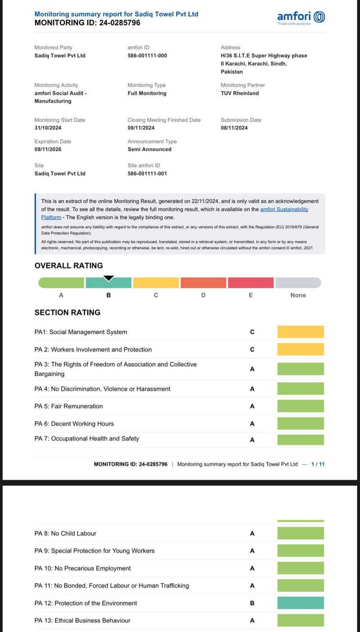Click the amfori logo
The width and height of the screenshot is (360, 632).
(x=301, y=18)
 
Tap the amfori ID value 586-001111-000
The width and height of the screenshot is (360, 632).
(x=147, y=56)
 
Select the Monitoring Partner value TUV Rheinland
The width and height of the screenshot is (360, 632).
(x=239, y=94)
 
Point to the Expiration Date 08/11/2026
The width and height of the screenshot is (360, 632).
(x=48, y=149)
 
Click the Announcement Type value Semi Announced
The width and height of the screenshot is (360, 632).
(x=149, y=149)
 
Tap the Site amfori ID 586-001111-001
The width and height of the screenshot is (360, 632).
(x=147, y=174)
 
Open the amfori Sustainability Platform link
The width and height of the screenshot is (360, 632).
(x=284, y=210)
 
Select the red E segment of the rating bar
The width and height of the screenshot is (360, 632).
(x=251, y=283)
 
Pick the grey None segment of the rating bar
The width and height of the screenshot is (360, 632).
(x=298, y=283)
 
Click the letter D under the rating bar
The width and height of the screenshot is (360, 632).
(x=203, y=296)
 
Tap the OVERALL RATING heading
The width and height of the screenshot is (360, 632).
(x=68, y=266)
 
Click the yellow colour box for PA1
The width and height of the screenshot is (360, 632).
(x=300, y=332)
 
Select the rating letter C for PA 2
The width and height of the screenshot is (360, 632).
(x=252, y=350)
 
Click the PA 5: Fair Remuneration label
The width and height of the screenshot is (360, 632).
(x=68, y=406)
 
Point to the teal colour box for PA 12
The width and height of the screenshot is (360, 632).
(x=300, y=603)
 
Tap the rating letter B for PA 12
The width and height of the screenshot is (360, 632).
(x=252, y=603)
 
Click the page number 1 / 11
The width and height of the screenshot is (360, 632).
(x=318, y=464)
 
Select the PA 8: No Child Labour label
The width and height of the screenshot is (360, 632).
(x=65, y=533)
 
